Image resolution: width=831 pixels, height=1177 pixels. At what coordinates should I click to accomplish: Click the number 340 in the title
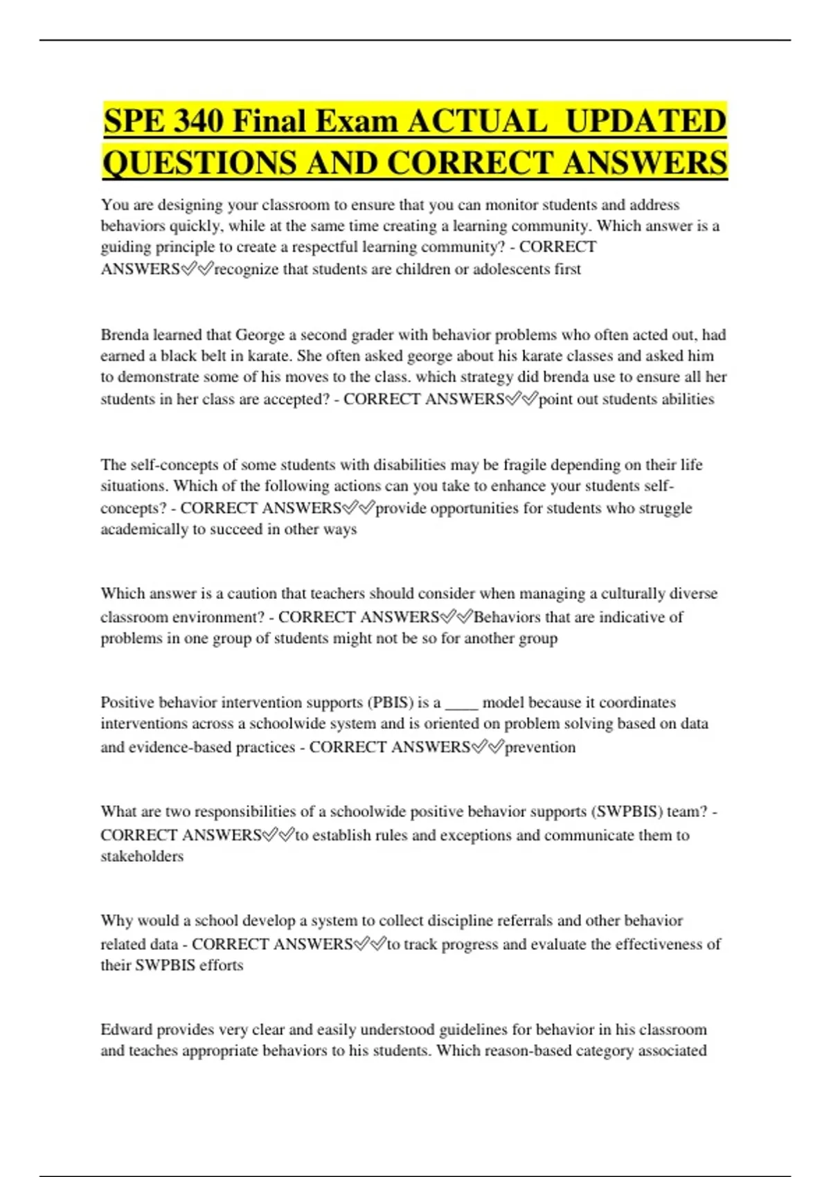pyautogui.click(x=198, y=121)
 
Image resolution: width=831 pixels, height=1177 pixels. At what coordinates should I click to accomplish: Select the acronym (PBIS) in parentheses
pyautogui.click(x=390, y=703)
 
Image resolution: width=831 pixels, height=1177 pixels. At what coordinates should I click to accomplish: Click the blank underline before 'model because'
pyautogui.click(x=461, y=704)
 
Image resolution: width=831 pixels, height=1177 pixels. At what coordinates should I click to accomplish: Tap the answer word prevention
pyautogui.click(x=540, y=748)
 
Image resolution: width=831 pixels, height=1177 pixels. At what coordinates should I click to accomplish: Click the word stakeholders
pyautogui.click(x=142, y=856)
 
